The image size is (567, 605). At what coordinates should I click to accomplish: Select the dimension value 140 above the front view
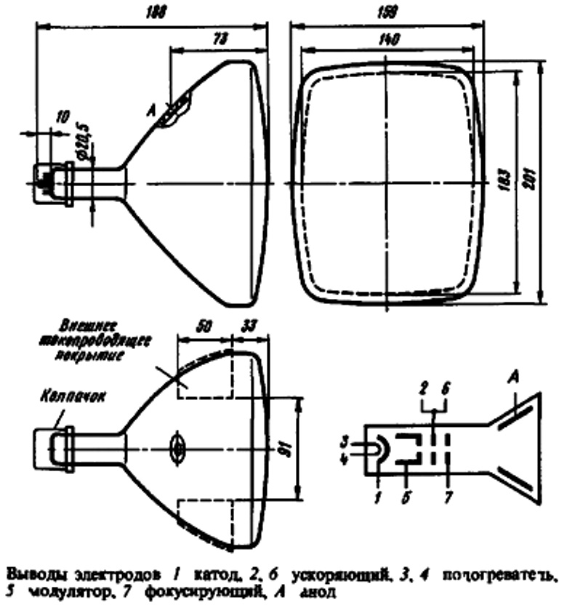(387, 41)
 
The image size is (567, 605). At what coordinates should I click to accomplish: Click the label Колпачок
(63, 400)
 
